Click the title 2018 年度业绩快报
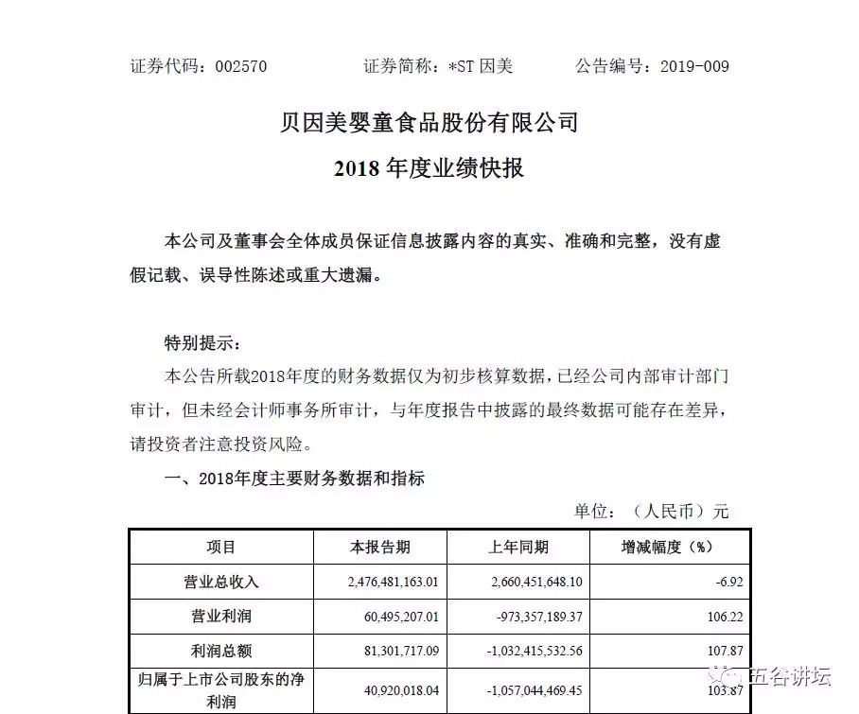429,169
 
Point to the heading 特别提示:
196,341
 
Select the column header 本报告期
380,547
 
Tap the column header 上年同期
518,547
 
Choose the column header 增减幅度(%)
665,547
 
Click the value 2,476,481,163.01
385,581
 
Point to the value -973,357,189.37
525,616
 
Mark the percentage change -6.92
728,581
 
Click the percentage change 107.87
724,651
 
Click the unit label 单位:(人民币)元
652,512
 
